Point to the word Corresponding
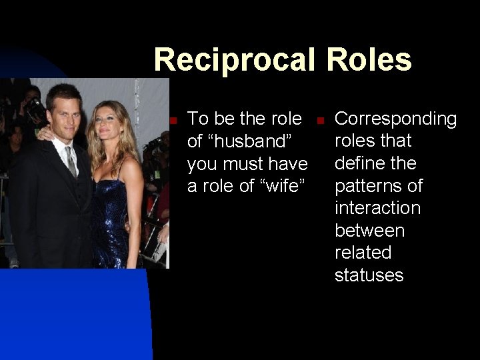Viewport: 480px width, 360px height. tap(395, 119)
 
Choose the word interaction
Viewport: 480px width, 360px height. tap(377, 208)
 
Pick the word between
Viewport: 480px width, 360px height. tap(369, 231)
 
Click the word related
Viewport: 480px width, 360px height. tap(363, 253)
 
